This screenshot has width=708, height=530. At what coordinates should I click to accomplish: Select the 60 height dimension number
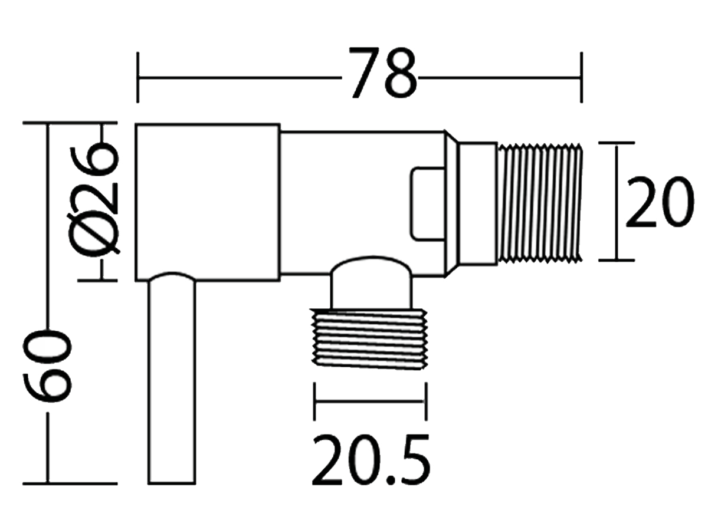pos(48,366)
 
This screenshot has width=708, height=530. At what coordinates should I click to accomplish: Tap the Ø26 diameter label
pos(96,200)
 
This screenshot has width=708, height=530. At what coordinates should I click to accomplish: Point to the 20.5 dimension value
pos(371,460)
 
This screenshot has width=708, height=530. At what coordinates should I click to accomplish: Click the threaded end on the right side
pos(540,202)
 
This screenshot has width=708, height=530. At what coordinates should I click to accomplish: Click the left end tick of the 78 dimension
pos(137,77)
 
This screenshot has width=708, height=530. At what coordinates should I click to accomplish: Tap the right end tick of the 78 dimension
pos(582,77)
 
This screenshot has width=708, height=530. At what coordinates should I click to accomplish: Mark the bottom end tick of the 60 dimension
pos(48,483)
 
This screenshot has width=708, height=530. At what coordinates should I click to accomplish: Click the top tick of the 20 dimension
pos(617,143)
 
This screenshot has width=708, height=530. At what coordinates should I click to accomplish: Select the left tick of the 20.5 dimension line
pos(315,401)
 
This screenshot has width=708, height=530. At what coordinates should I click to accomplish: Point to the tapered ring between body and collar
pos(451,203)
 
